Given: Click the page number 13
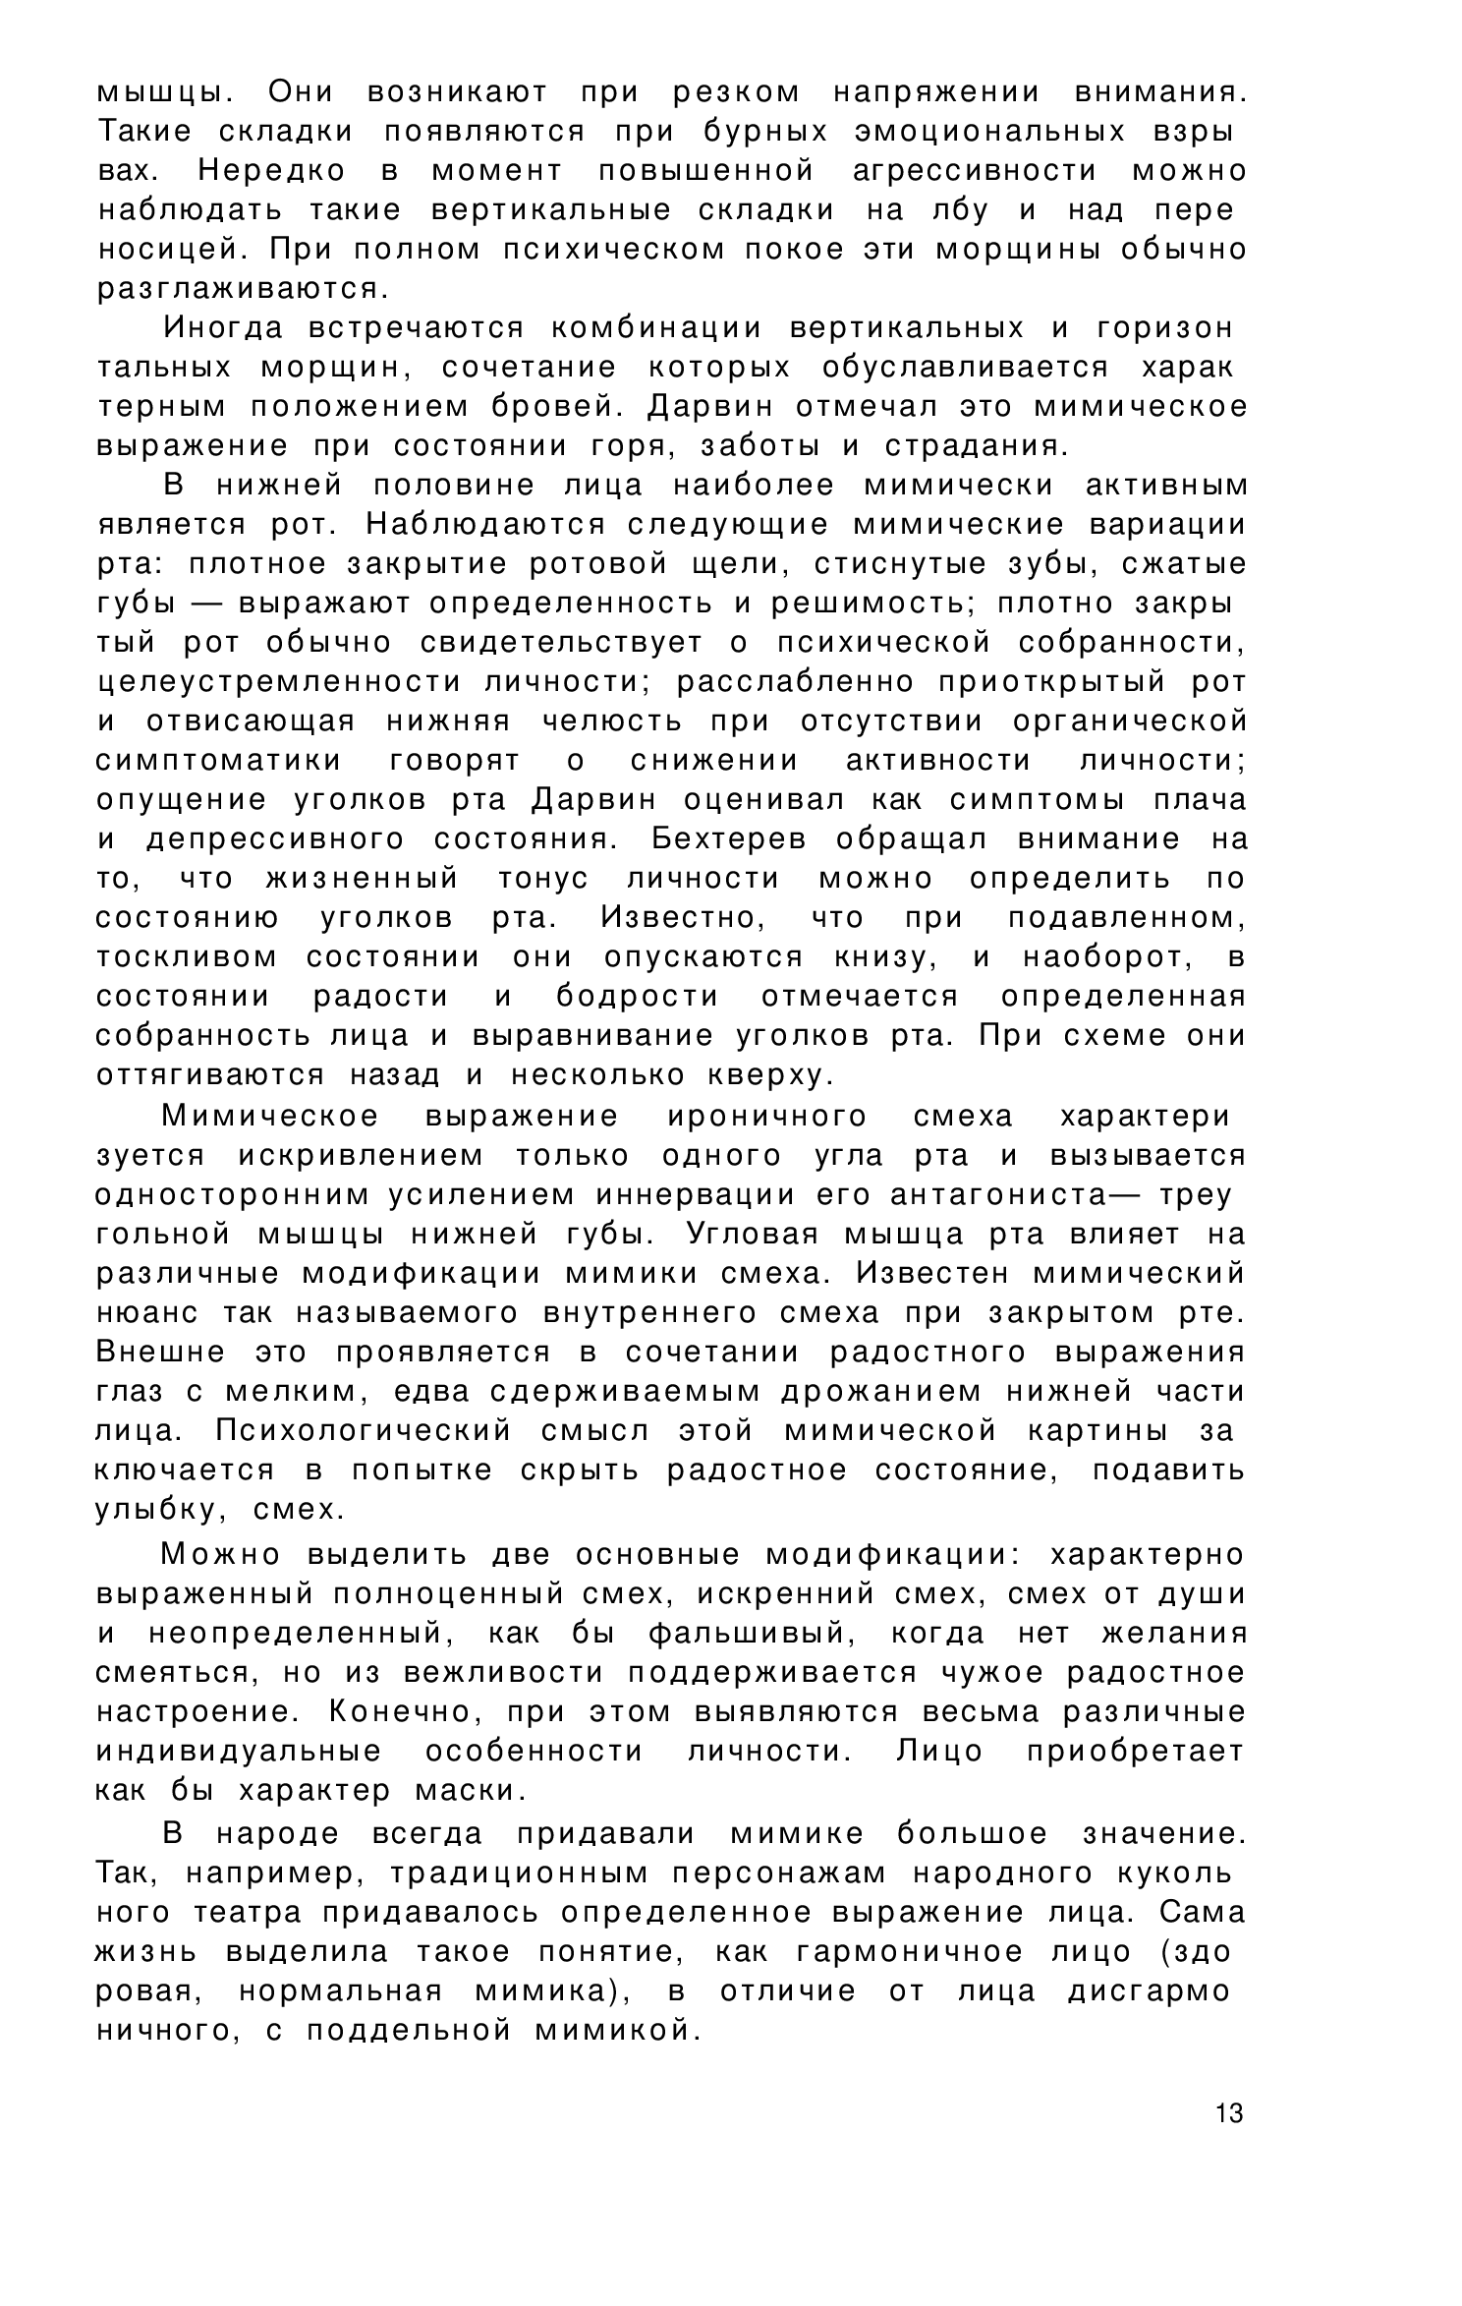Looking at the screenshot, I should (x=1229, y=2112).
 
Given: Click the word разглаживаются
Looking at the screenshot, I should (x=242, y=289).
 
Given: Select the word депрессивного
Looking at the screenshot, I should (x=275, y=839).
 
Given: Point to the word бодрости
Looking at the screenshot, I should (x=638, y=997).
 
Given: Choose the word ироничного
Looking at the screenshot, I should (x=766, y=1117).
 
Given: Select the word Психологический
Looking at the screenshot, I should (x=364, y=1431).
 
